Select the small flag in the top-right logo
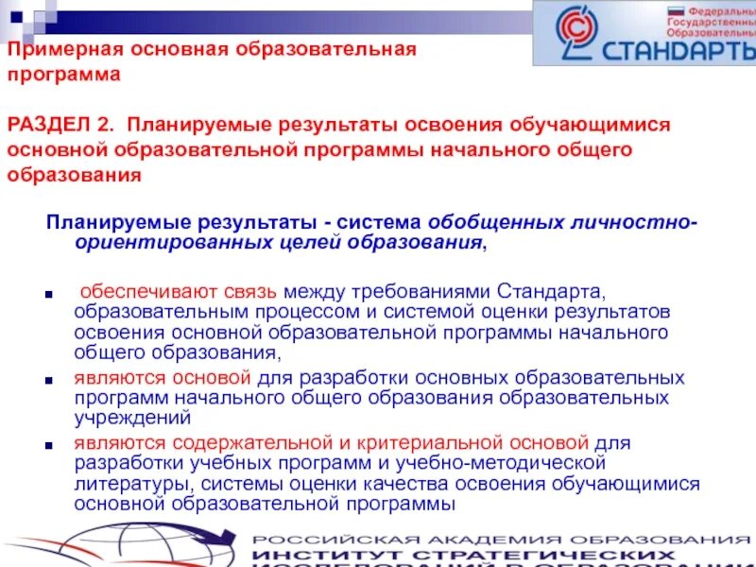point(676,12)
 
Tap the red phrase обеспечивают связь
point(148,290)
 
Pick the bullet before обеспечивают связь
point(49,294)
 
